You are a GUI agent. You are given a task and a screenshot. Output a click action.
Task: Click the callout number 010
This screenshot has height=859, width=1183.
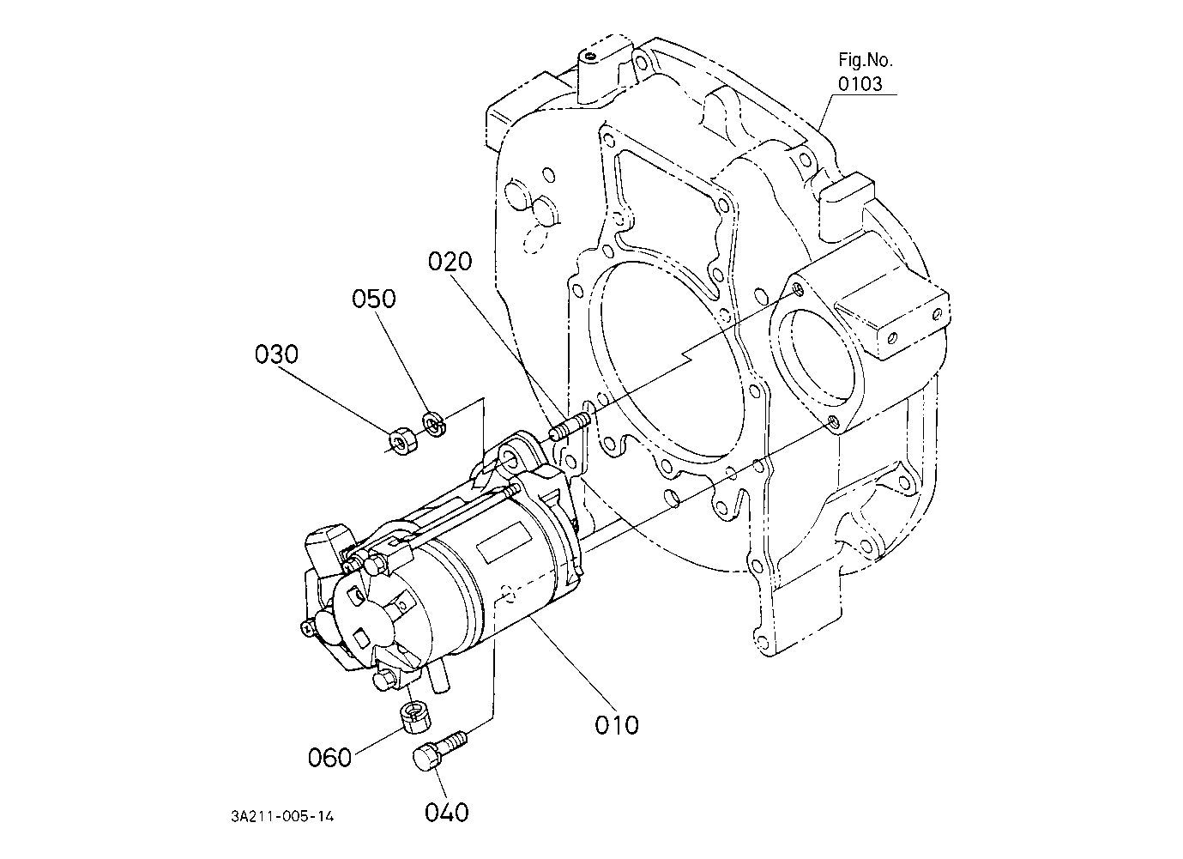[x=616, y=725]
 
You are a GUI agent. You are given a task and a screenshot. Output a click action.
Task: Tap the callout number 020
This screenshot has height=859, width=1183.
[x=450, y=262]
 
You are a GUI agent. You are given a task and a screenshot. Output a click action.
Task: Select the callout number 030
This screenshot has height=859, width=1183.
[x=276, y=354]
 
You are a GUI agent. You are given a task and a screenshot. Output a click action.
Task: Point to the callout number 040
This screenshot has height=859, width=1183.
[x=447, y=812]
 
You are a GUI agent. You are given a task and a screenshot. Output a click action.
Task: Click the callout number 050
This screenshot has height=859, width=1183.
[x=374, y=299]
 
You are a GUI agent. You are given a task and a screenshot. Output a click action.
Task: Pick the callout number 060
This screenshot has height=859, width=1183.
[x=329, y=758]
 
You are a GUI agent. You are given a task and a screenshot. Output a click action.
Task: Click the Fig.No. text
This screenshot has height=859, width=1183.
[x=866, y=60]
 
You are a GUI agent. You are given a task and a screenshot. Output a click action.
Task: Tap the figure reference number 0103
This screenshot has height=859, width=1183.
[x=860, y=83]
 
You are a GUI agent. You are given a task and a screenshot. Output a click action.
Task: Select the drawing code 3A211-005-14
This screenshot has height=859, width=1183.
[x=282, y=816]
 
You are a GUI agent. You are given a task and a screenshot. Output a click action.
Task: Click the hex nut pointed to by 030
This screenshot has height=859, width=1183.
[x=404, y=440]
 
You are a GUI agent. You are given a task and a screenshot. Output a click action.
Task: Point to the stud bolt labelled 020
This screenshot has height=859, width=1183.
[x=570, y=426]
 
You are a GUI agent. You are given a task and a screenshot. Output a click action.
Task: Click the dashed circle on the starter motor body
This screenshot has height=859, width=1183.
[x=509, y=591]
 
